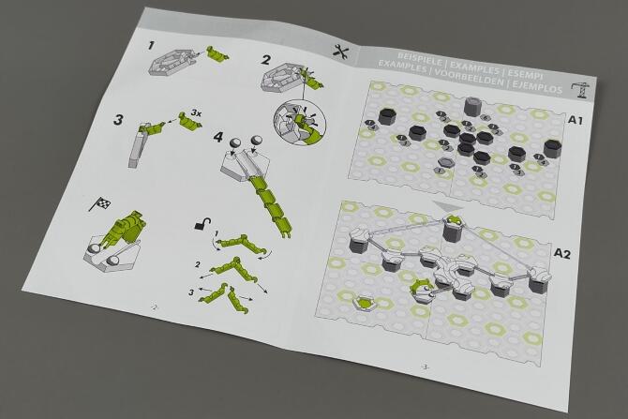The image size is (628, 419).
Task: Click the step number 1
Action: point(151,45)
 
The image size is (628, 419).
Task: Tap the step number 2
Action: point(266,60)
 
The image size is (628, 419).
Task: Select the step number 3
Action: point(118,119)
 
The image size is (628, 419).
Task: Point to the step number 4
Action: point(218,137)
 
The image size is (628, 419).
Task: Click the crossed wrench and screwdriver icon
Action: point(341,52)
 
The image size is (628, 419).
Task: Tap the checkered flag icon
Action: point(100,203)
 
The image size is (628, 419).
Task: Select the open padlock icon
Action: point(202,223)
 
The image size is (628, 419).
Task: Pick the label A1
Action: point(576,120)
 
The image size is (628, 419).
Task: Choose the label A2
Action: point(562,254)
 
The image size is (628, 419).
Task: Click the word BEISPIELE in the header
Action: point(420,58)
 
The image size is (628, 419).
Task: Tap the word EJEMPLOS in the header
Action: point(537,85)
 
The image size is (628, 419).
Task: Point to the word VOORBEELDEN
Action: point(470,78)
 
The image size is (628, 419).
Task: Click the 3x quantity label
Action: point(196,113)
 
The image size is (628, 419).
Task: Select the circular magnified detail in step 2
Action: point(300,123)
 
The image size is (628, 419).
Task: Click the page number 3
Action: point(426,367)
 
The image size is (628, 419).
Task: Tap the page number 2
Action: point(155,307)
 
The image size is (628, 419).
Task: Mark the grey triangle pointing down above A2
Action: point(449,206)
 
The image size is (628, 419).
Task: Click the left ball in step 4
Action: point(234,143)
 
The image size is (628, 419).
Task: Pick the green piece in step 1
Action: point(217,53)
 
